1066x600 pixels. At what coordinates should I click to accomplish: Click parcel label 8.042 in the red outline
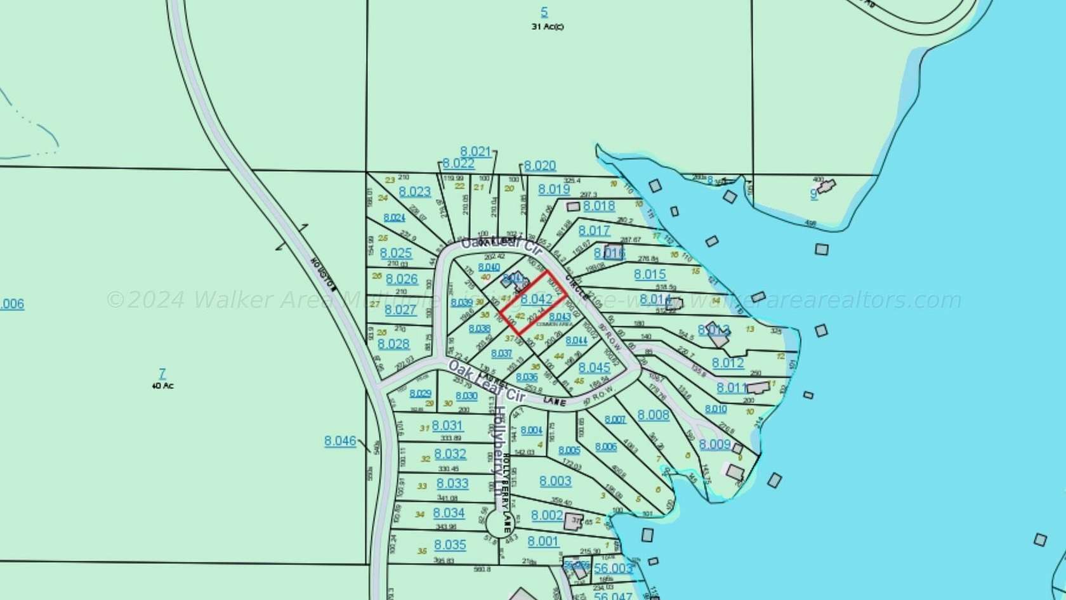click(536, 299)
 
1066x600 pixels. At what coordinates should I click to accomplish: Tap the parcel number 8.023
click(415, 192)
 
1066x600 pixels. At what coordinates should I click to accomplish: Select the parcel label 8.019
click(554, 189)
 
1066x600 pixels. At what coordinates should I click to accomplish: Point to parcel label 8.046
click(340, 441)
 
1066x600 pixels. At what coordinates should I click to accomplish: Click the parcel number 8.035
click(450, 544)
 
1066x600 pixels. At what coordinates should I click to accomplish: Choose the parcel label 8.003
click(555, 481)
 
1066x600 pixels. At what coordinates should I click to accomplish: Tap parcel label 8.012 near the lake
click(728, 363)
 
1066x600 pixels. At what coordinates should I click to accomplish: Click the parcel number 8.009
click(715, 444)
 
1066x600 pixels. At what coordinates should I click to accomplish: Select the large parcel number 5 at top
click(544, 12)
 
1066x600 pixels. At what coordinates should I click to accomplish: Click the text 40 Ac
click(162, 385)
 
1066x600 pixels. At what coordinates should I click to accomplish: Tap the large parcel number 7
click(162, 373)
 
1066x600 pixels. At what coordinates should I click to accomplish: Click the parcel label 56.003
click(613, 568)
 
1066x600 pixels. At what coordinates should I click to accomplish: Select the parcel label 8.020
click(540, 166)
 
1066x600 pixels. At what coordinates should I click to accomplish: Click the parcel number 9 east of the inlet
click(813, 194)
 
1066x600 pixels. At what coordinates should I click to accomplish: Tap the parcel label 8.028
click(393, 344)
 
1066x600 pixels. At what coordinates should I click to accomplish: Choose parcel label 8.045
click(595, 367)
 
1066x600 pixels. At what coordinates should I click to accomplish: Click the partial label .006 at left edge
click(12, 304)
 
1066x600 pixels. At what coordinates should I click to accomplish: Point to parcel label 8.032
click(450, 454)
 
